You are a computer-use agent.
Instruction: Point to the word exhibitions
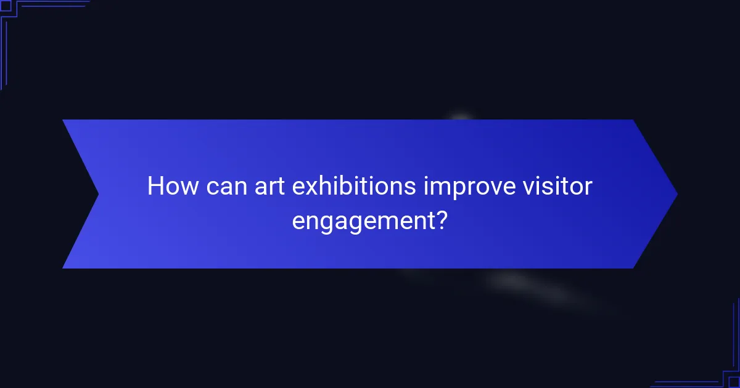(354, 186)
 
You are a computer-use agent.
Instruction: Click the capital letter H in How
(155, 186)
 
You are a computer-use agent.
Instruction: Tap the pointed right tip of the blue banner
(676, 194)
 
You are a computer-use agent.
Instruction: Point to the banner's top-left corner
(64, 121)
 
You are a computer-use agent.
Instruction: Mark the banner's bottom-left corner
(64, 267)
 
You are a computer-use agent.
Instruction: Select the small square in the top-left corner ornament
(6, 6)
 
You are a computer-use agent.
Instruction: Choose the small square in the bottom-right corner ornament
(733, 382)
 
